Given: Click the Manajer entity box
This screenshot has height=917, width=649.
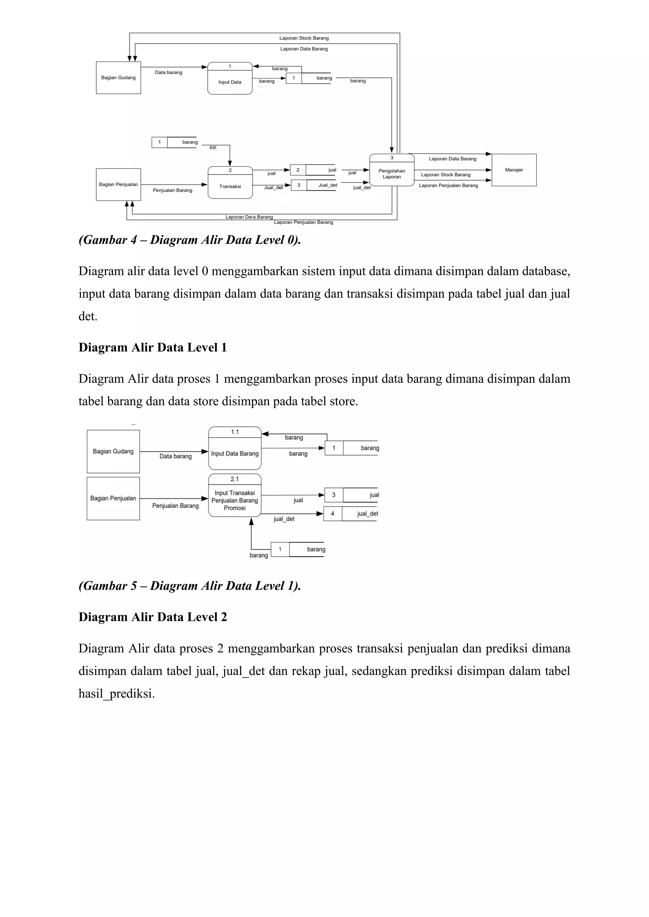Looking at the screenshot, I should (514, 170).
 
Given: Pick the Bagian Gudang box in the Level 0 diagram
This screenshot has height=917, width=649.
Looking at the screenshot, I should (118, 78).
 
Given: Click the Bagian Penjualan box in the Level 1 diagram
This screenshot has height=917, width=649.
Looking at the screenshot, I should (113, 498).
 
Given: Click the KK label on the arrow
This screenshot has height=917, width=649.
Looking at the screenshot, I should (213, 148).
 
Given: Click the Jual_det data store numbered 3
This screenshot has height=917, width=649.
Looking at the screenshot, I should (314, 185).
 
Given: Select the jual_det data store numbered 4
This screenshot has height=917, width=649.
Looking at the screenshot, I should (350, 514).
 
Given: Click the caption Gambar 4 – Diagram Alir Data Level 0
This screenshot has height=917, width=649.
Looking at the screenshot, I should (190, 240).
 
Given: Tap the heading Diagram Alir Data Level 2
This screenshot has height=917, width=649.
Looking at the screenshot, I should (153, 617).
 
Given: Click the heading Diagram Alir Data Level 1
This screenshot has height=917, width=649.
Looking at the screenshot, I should (153, 347).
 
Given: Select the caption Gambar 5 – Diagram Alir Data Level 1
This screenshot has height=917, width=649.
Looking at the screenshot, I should (190, 586).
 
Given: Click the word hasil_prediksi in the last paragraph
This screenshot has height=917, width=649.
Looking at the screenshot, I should (116, 694).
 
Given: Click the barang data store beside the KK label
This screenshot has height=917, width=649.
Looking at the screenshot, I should (175, 142).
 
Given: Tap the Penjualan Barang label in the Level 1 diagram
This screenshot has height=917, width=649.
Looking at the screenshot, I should (176, 506).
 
